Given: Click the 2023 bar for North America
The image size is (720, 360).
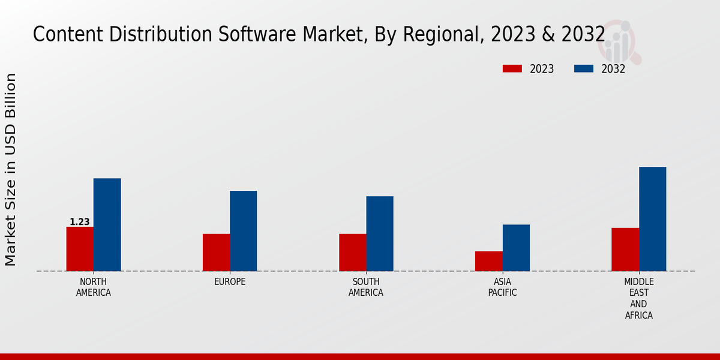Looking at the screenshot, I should [80, 249].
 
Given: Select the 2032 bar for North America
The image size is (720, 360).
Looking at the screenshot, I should [107, 225].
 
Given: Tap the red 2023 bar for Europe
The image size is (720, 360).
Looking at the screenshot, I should [216, 253].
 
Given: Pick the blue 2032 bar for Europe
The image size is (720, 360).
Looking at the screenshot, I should [243, 231].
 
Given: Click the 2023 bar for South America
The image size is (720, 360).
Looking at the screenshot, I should [352, 253].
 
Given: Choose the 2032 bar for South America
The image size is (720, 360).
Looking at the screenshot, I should [380, 234].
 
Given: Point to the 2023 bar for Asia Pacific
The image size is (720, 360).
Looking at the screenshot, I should [488, 261].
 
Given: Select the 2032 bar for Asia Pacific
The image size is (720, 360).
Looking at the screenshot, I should [516, 248].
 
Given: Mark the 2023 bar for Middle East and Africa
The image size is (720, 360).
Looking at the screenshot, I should [625, 250].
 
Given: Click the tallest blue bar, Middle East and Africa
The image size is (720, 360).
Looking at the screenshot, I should [652, 219].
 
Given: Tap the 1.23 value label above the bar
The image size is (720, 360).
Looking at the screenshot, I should [80, 222].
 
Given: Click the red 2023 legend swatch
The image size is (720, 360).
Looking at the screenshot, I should [512, 69].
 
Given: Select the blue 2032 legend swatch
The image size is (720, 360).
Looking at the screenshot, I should [583, 69].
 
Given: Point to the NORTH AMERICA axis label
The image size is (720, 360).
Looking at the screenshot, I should [94, 287].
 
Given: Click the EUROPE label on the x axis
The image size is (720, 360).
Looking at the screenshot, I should [230, 282].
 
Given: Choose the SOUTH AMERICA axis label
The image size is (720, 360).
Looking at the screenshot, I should [366, 287].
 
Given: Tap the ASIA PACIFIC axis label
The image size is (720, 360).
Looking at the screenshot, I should [502, 287].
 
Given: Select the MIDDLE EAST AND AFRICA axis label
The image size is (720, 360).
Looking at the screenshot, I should [638, 298].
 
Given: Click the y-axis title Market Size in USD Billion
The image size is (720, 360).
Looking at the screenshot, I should [11, 169].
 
